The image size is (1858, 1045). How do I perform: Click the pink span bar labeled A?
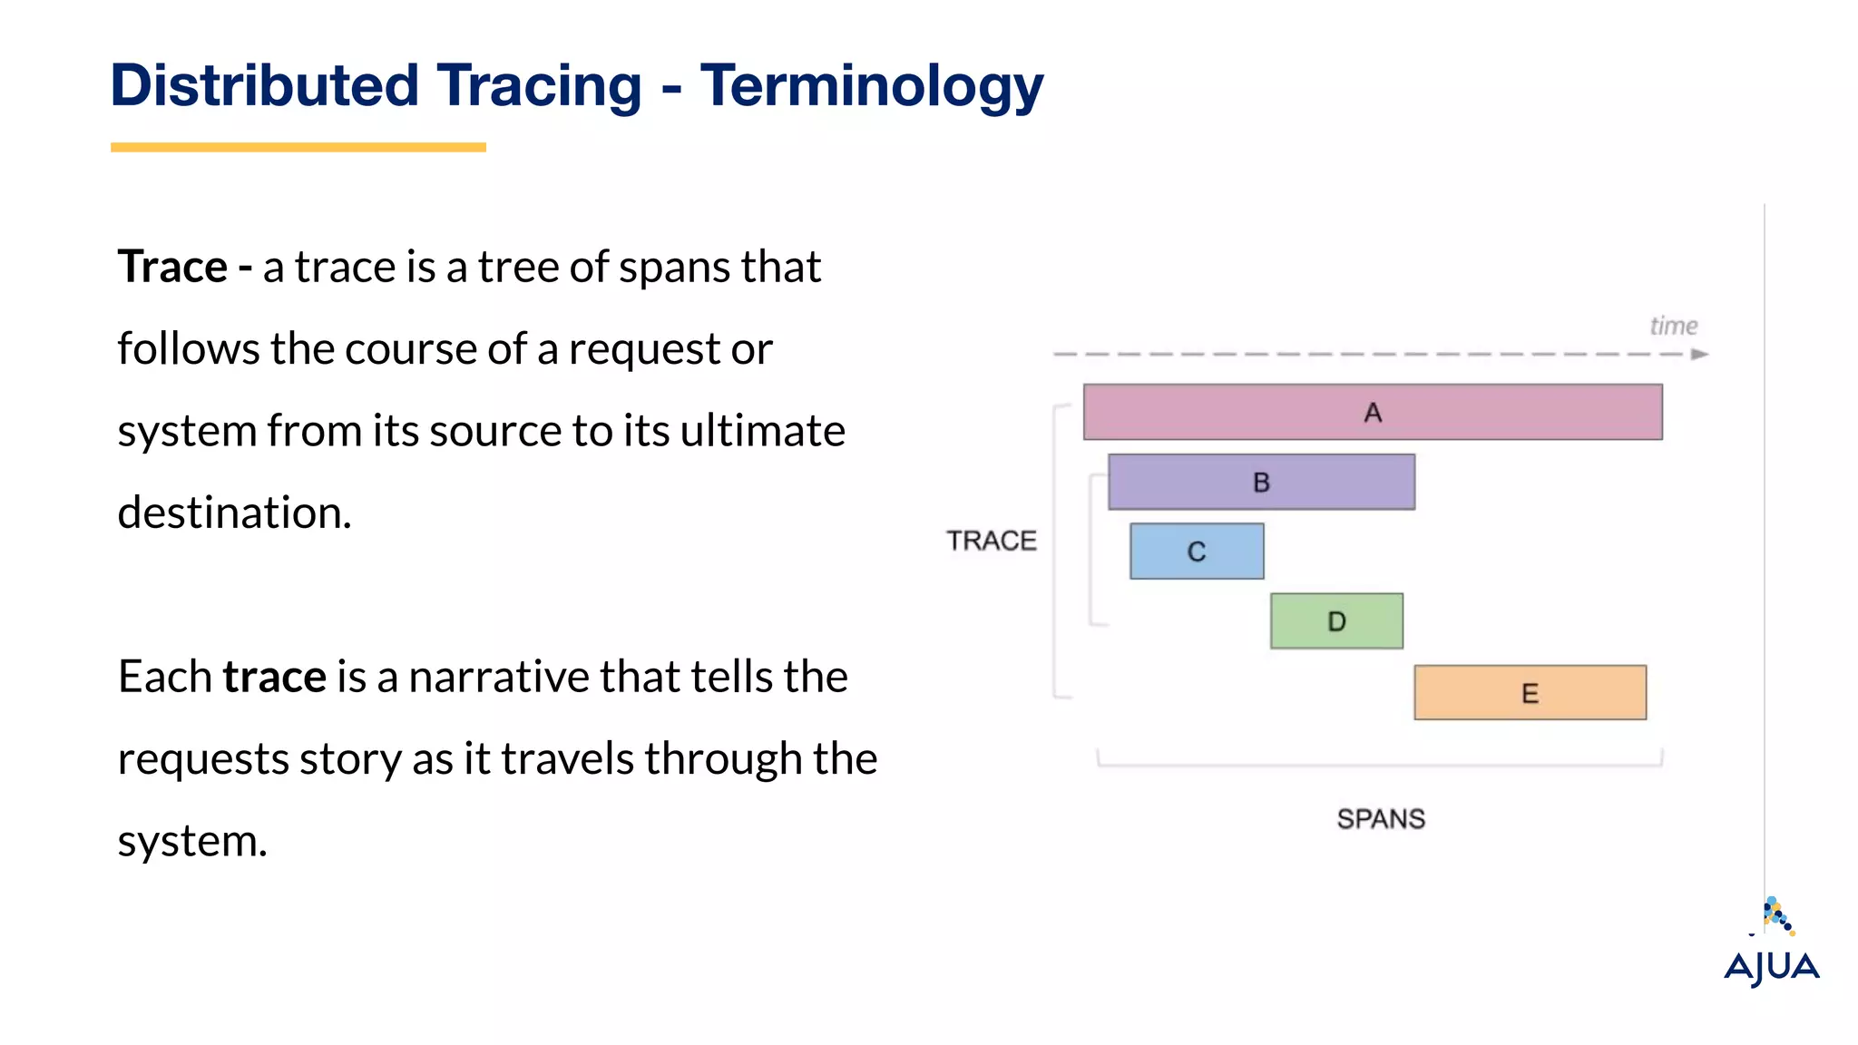coord(1372,412)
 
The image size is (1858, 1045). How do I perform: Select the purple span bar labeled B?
coord(1261,482)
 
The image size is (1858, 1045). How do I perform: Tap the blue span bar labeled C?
coord(1196,551)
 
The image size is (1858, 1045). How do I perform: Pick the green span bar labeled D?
coord(1335,621)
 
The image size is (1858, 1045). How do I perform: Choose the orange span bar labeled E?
coord(1530,693)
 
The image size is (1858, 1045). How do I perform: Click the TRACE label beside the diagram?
coord(991,541)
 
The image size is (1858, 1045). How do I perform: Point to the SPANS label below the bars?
coord(1381,819)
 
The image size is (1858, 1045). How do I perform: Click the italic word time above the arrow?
coord(1673,326)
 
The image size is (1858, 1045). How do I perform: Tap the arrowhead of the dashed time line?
coord(1699,355)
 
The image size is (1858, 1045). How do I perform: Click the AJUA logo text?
coord(1771,967)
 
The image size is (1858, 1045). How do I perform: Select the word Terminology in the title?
coord(871,86)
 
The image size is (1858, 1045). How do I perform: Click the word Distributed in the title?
coord(264,86)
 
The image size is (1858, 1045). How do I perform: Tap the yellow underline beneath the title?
coord(298,147)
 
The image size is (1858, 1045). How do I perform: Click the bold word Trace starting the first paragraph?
coord(172,267)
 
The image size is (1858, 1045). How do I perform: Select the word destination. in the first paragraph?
coord(234,513)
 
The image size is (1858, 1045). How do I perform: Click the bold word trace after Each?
coord(274,677)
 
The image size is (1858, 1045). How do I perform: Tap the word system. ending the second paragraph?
coord(192,842)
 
